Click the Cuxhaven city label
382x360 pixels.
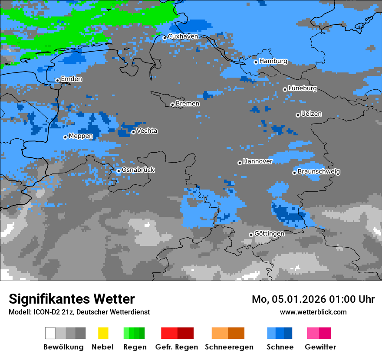click(183, 36)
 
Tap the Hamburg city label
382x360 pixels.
click(273, 61)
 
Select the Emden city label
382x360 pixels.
click(71, 79)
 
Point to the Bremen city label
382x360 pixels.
click(188, 104)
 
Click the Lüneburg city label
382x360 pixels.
click(302, 88)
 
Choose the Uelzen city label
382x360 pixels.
click(311, 114)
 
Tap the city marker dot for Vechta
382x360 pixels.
click(133, 132)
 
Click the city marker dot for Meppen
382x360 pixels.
click(65, 137)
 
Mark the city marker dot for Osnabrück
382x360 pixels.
click(119, 171)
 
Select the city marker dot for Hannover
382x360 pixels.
click(240, 163)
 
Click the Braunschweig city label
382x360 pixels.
click(319, 171)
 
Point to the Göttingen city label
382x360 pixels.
click(269, 233)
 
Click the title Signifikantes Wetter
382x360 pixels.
click(72, 299)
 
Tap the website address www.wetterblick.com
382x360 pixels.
click(313, 312)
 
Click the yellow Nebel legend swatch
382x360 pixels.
click(103, 333)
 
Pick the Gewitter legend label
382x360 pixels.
click(320, 347)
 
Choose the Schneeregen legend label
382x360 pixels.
click(229, 347)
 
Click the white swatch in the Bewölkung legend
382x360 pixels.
click(50, 333)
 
